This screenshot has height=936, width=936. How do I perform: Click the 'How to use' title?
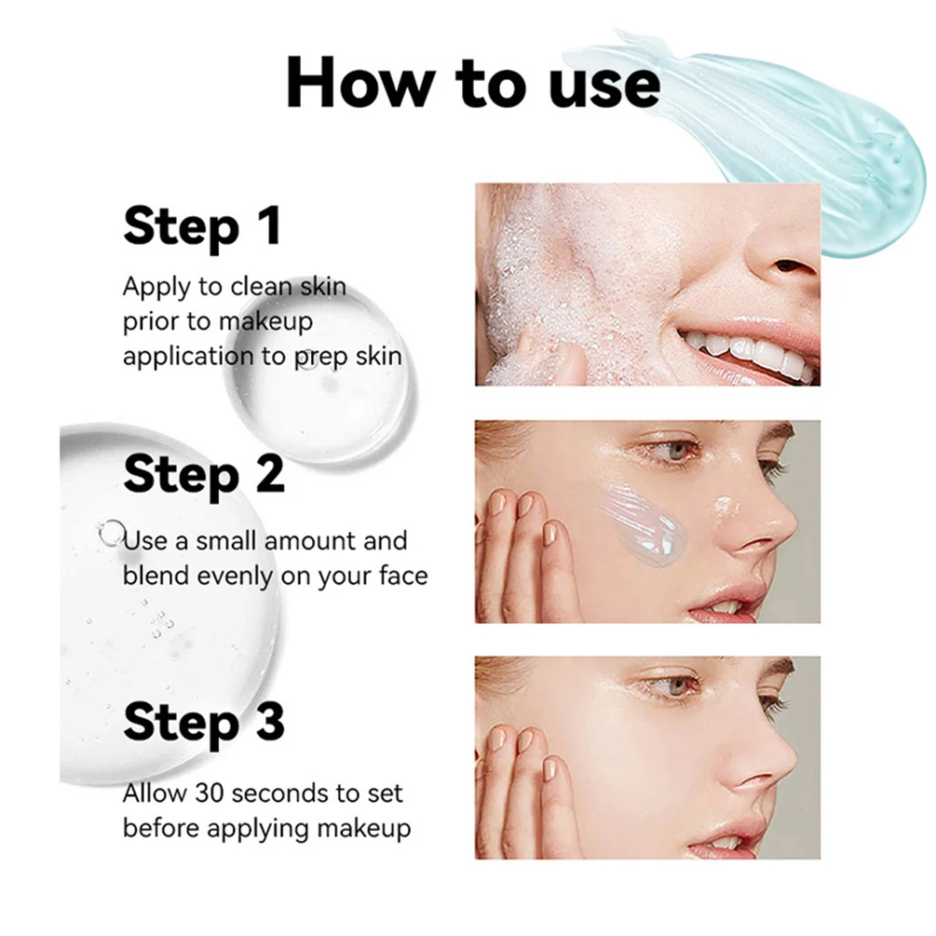473,82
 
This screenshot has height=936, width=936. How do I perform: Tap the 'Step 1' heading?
201,226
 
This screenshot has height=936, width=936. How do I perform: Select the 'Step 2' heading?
203,474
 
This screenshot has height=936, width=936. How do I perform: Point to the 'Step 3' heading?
203,723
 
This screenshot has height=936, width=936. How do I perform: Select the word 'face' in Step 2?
402,576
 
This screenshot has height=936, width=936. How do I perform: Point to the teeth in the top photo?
745,352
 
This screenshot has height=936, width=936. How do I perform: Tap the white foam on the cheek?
540,279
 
